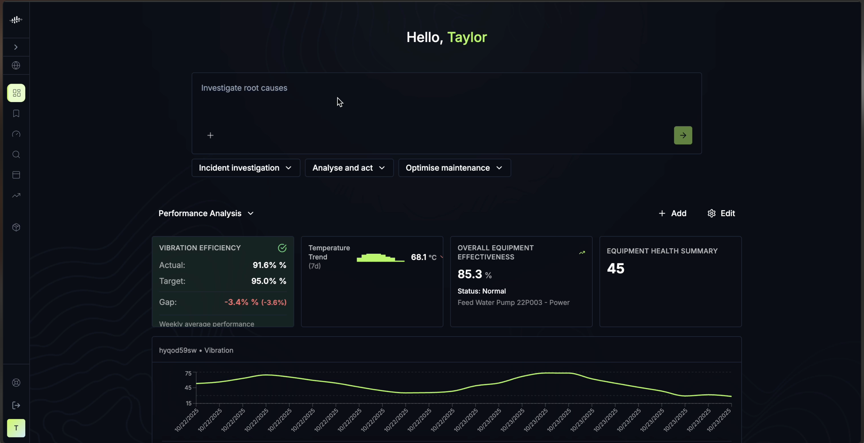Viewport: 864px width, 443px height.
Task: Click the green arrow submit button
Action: pos(683,135)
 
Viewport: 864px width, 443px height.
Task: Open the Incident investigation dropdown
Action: pos(245,168)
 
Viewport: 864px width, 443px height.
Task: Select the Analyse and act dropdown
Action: pos(349,168)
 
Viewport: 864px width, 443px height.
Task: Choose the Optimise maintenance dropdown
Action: pos(454,168)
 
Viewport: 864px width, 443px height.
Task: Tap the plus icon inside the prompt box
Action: pos(210,135)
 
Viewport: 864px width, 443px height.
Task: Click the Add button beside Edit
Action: pos(672,214)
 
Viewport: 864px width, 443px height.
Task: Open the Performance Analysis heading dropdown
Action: pos(206,214)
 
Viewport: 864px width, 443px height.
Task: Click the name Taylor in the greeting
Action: pos(467,37)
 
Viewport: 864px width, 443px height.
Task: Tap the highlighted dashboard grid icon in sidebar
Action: pos(16,93)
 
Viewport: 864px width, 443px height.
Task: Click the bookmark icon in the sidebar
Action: pos(16,114)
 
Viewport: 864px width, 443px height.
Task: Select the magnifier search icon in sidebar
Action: pos(16,155)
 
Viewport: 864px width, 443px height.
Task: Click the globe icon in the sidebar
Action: pos(16,65)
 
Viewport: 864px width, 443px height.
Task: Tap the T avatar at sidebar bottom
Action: pos(16,428)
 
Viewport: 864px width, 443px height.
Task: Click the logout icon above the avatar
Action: pos(16,405)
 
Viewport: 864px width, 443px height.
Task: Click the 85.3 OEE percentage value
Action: pos(470,274)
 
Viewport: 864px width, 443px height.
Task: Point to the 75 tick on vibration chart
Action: pos(188,373)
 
